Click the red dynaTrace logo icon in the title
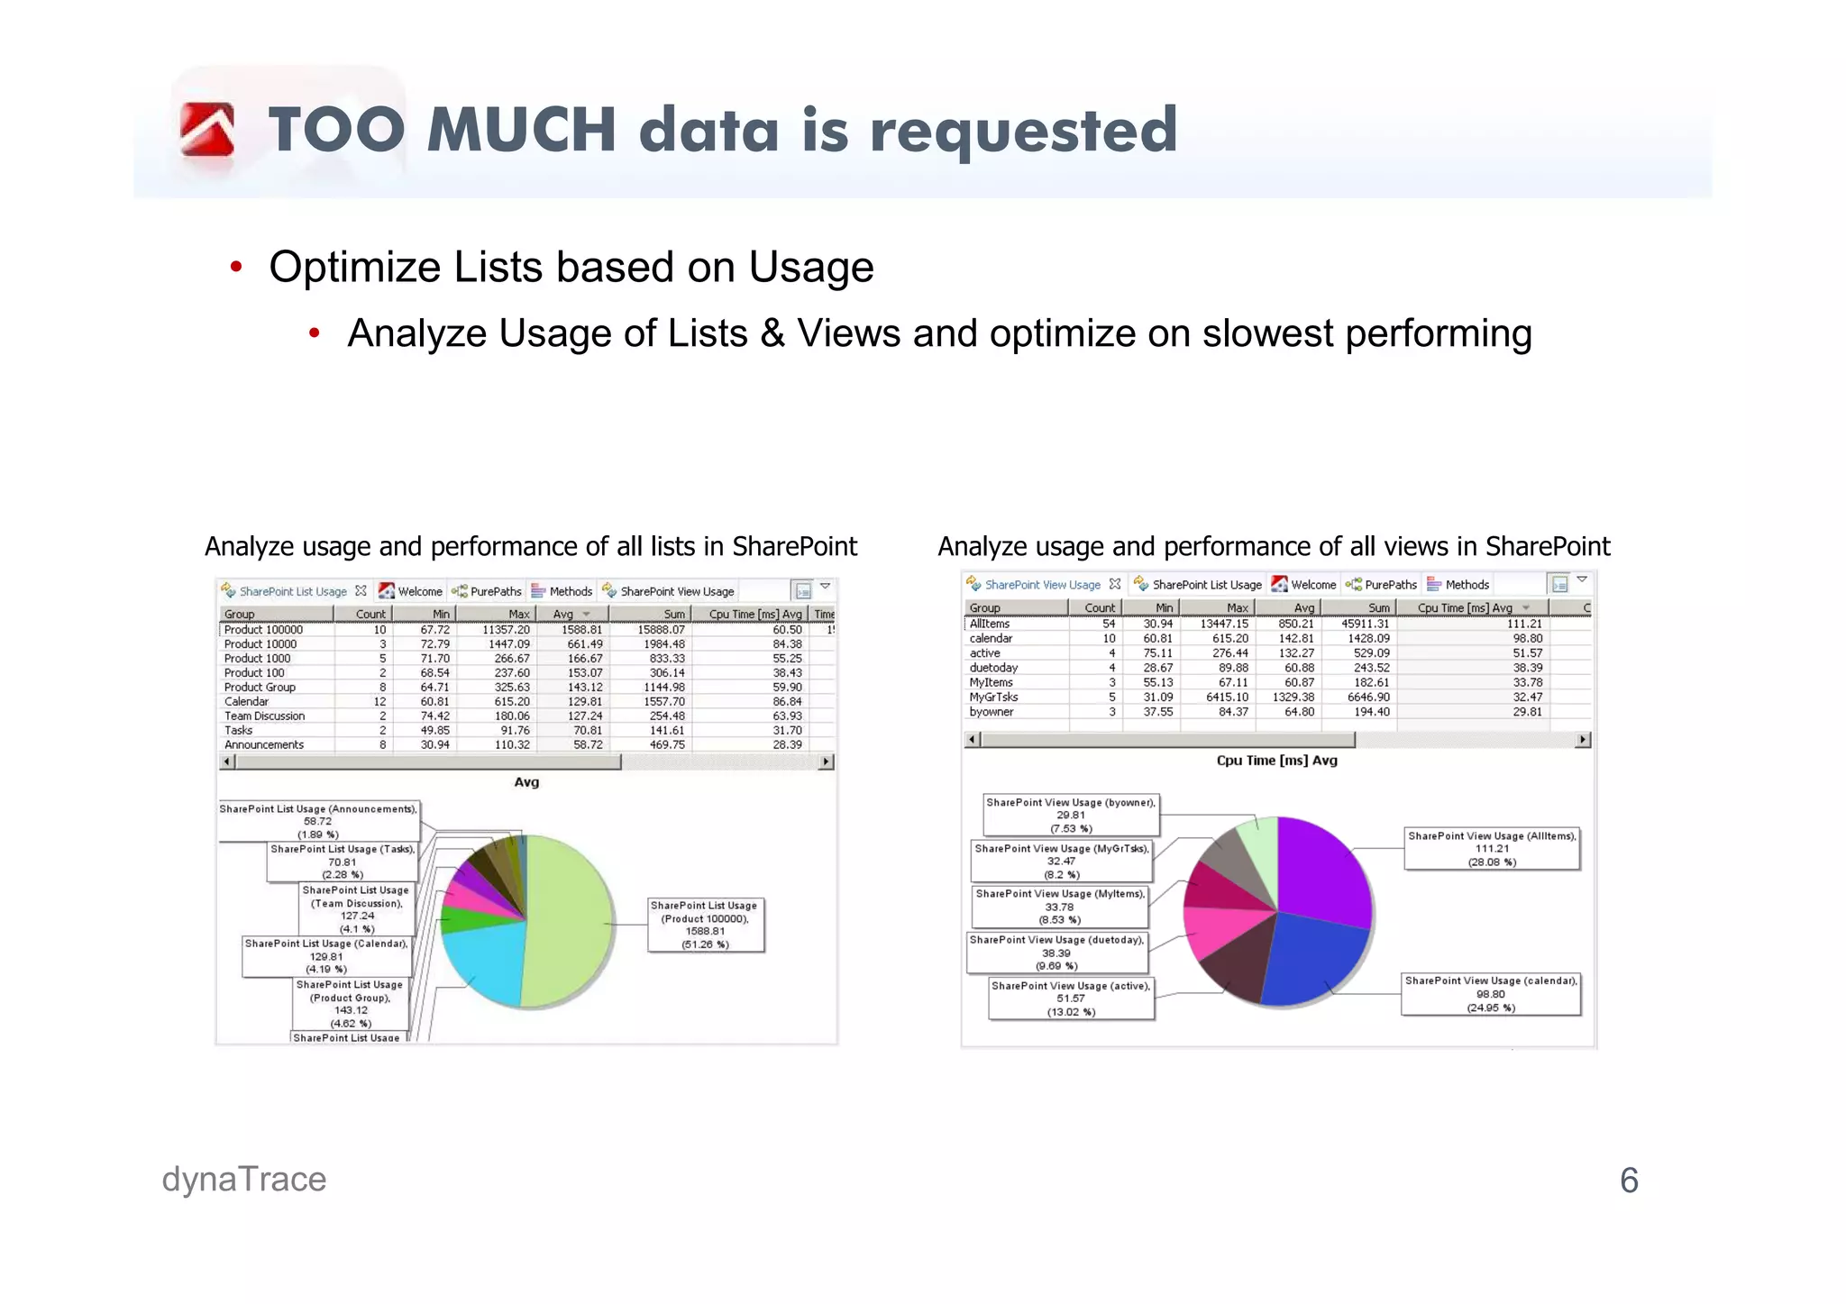206,130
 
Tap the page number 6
1628,1181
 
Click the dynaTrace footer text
243,1179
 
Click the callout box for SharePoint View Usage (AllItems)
1492,848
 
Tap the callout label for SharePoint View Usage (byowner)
1070,815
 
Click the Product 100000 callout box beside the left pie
705,925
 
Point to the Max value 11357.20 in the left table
506,630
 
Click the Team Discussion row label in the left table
264,716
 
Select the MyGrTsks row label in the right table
993,697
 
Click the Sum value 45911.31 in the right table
1365,624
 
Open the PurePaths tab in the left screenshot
495,592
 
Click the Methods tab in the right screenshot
1467,585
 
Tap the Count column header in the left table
370,614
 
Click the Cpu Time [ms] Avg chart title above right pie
1276,761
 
